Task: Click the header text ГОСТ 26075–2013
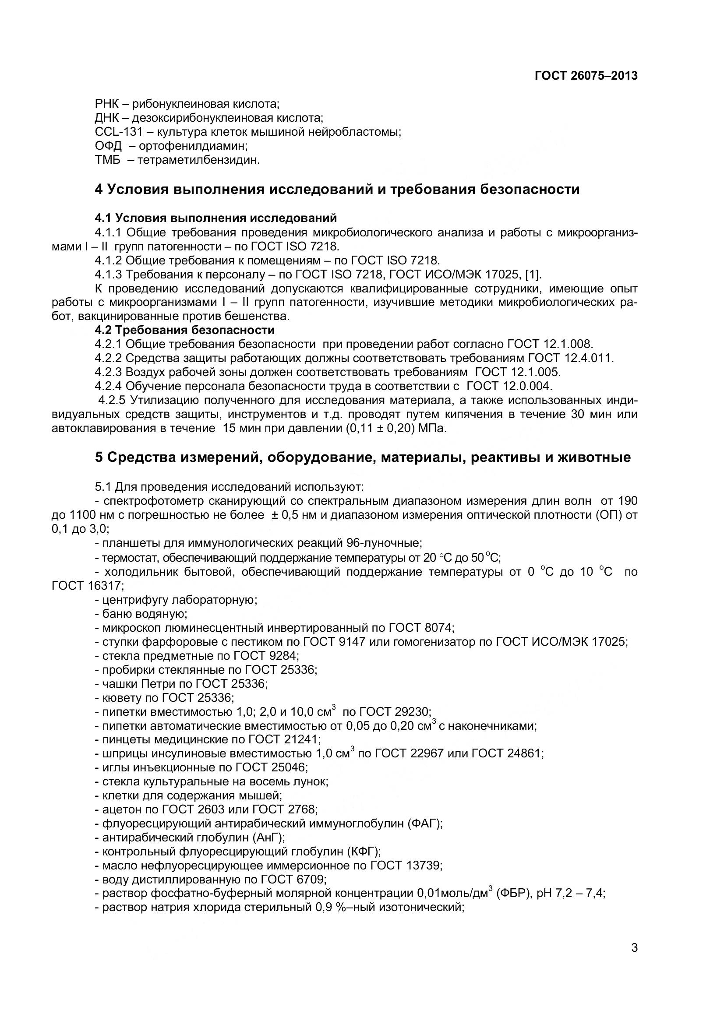click(x=586, y=76)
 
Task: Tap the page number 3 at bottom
click(x=634, y=959)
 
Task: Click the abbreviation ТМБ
click(x=107, y=160)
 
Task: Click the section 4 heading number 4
click(x=99, y=189)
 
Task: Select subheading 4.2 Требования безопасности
click(x=184, y=330)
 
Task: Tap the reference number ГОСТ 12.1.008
click(x=550, y=344)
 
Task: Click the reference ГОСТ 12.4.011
click(x=571, y=358)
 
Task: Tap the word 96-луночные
click(x=383, y=543)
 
